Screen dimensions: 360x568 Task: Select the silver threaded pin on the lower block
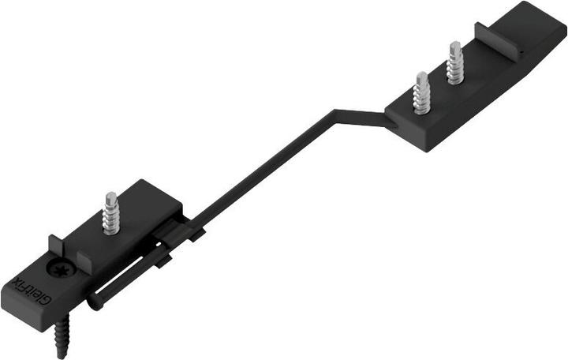[110, 212]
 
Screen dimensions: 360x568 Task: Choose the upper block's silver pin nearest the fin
[455, 63]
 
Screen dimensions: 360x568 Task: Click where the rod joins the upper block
[387, 118]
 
